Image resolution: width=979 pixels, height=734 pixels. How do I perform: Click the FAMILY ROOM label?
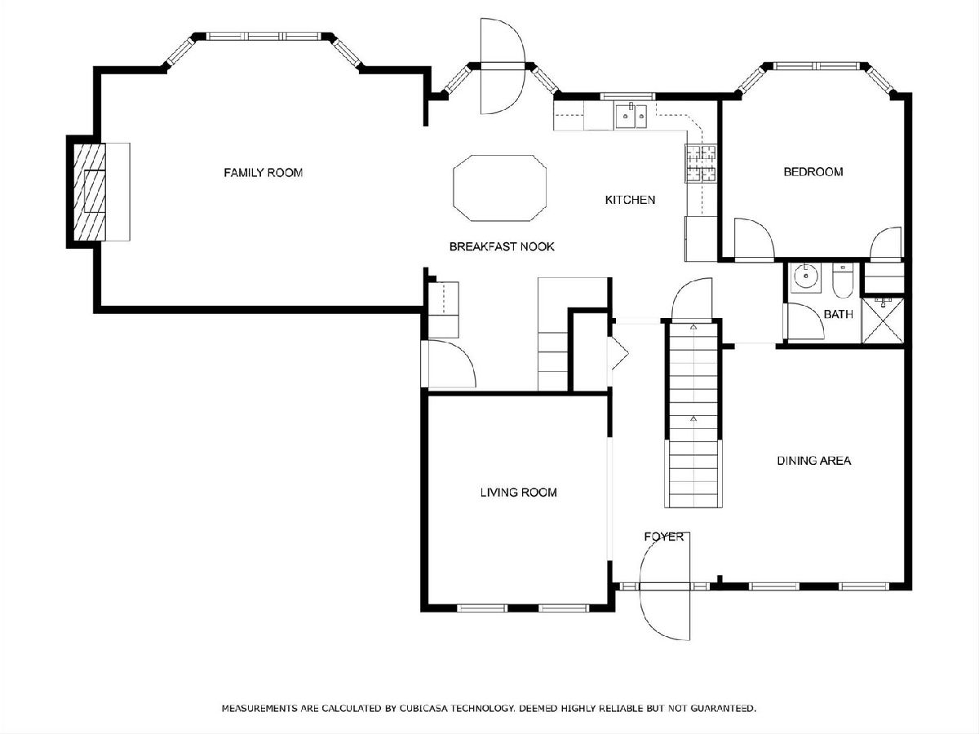pos(264,172)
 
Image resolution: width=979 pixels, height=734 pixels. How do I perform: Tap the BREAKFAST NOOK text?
pos(502,246)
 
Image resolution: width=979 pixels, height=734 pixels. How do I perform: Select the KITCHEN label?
pos(630,200)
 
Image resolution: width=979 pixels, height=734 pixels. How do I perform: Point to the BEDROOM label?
pos(813,171)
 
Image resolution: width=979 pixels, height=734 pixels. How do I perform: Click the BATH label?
pos(839,314)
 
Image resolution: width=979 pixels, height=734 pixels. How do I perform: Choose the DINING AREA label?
pos(814,460)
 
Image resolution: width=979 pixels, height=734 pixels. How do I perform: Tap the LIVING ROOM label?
pos(519,492)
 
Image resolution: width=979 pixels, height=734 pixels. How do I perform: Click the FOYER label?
pos(663,537)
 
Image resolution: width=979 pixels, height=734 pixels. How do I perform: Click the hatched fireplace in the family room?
pos(90,192)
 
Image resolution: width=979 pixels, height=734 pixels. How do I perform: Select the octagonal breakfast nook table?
pos(499,188)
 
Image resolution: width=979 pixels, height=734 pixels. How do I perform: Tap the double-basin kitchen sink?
pos(631,116)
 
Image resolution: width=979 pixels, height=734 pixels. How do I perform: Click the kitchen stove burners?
pos(701,164)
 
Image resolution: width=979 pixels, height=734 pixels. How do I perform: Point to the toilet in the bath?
pos(843,281)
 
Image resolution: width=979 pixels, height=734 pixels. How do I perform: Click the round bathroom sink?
pos(806,277)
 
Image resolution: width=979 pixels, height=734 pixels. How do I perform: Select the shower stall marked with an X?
pos(883,321)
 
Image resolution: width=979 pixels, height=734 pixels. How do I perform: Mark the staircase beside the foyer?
pos(693,414)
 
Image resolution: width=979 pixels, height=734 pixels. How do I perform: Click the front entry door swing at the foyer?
pos(666,586)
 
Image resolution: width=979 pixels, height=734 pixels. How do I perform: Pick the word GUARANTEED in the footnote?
pos(723,708)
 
